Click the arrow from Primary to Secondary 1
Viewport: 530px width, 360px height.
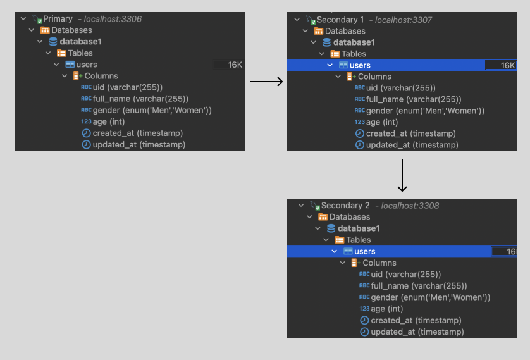pyautogui.click(x=266, y=82)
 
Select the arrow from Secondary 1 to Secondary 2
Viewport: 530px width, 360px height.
pyautogui.click(x=402, y=175)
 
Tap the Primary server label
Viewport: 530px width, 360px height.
pyautogui.click(x=58, y=19)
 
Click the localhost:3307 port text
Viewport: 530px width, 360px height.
pyautogui.click(x=404, y=20)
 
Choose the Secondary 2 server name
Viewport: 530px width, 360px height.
pyautogui.click(x=345, y=206)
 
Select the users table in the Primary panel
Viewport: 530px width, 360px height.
pyautogui.click(x=86, y=65)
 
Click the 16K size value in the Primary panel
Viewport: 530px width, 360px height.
pyautogui.click(x=235, y=65)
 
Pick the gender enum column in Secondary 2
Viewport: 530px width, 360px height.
pyautogui.click(x=430, y=297)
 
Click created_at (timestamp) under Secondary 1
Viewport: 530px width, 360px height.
pyautogui.click(x=411, y=133)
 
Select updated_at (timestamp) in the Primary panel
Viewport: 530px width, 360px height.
pyautogui.click(x=139, y=145)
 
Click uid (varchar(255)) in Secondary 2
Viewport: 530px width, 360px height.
pyautogui.click(x=405, y=275)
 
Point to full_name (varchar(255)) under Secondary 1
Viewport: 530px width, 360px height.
pyautogui.click(x=414, y=99)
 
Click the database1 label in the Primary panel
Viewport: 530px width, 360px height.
pyautogui.click(x=76, y=42)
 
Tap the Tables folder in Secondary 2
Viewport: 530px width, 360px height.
pyautogui.click(x=358, y=240)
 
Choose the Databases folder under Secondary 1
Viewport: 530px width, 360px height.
pyautogui.click(x=345, y=31)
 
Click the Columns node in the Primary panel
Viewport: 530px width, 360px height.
pyautogui.click(x=101, y=76)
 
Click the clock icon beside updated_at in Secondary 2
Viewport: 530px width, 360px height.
pyautogui.click(x=364, y=332)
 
